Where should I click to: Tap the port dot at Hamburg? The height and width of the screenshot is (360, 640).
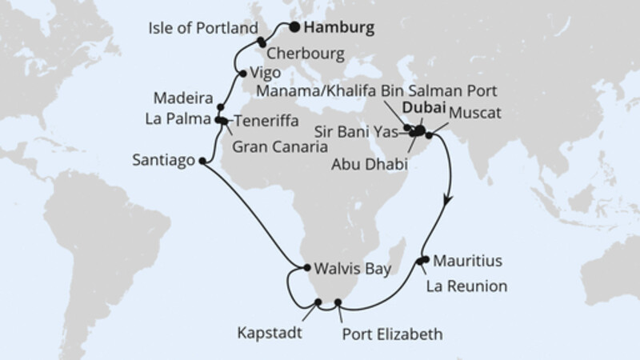[295, 27]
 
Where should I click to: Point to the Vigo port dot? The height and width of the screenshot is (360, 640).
[242, 74]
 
